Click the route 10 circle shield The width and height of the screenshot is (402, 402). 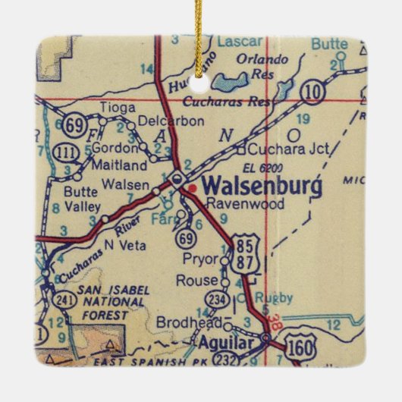tap(310, 91)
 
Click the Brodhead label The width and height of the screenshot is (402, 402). tap(178, 323)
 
